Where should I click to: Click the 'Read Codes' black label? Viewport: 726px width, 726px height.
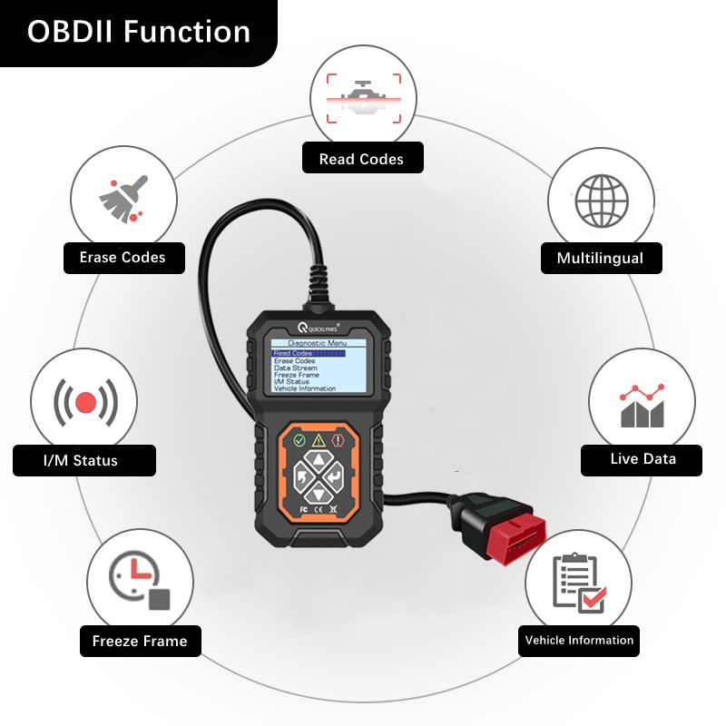click(x=361, y=159)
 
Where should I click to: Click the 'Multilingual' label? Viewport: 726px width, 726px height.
click(x=599, y=258)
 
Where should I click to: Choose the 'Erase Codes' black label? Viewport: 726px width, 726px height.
click(x=123, y=258)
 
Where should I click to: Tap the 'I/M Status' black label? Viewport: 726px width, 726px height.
click(x=81, y=460)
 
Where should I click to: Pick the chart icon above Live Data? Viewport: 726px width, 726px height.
click(x=643, y=406)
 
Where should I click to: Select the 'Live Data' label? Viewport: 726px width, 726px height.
click(x=643, y=459)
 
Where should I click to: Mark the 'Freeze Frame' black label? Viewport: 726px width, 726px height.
click(x=140, y=642)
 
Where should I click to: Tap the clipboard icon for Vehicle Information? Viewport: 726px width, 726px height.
click(x=578, y=582)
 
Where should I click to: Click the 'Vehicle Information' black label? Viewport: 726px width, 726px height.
click(x=579, y=641)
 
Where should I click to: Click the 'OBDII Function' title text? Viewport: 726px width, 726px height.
click(x=138, y=32)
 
